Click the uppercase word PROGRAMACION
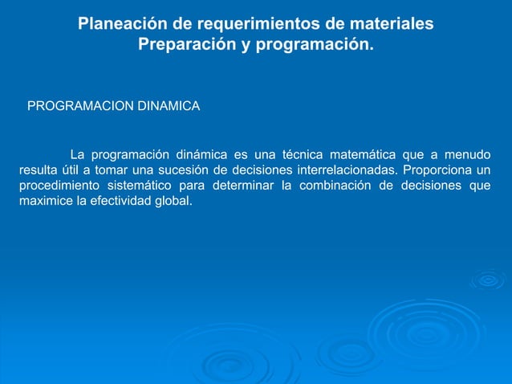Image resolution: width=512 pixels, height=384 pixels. [79, 105]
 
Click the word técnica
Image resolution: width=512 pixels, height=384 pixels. [312, 154]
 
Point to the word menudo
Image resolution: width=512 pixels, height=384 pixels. [468, 154]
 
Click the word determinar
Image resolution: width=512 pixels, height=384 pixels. [245, 186]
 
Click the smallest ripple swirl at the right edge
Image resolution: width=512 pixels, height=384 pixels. [488, 280]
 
